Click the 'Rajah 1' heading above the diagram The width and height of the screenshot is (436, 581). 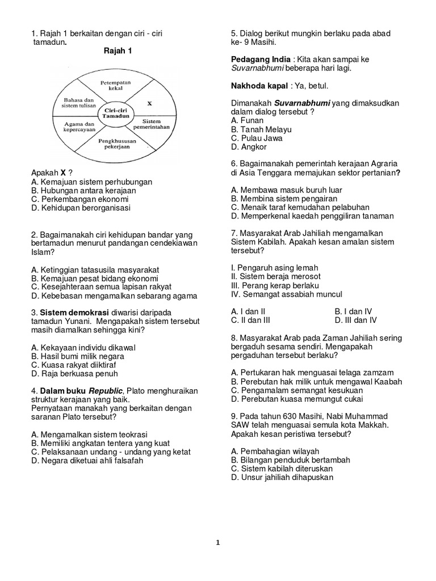[x=118, y=51]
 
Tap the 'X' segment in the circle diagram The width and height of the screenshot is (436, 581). [x=149, y=104]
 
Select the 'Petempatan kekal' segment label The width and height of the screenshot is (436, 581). [x=117, y=85]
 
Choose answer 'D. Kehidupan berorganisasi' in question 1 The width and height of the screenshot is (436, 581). [x=81, y=208]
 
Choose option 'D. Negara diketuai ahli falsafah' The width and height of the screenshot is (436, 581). [x=87, y=461]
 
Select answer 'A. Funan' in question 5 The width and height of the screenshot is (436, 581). [x=248, y=121]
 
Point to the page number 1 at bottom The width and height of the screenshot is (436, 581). [x=218, y=542]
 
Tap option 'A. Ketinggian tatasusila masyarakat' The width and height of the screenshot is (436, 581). [x=95, y=270]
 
